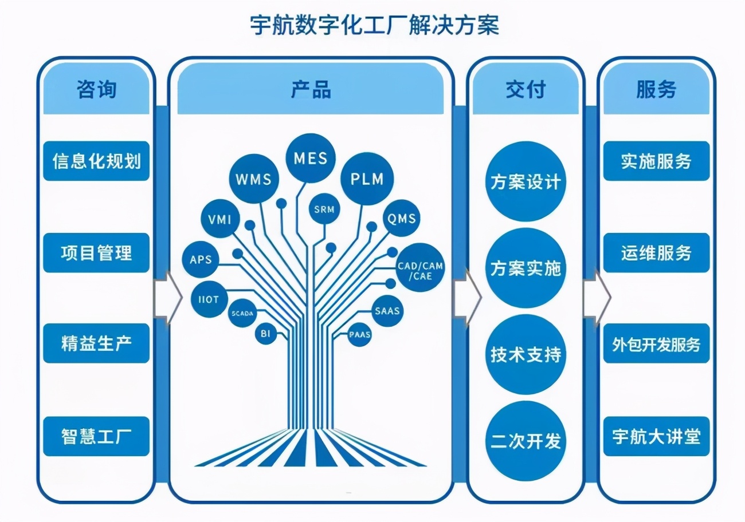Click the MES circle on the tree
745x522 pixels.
coord(311,158)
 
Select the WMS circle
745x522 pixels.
coord(254,179)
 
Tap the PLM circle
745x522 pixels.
coord(367,179)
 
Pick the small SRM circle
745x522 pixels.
coord(324,209)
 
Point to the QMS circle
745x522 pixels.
coord(401,218)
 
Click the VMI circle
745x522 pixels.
coord(220,219)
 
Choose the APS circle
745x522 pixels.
coord(201,259)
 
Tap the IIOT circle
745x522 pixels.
coord(209,299)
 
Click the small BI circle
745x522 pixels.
coord(266,333)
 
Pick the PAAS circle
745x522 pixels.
coord(359,334)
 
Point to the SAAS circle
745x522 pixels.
coord(387,311)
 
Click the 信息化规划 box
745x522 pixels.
coord(96,161)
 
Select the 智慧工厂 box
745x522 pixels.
coord(96,436)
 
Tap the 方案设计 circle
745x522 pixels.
coord(526,182)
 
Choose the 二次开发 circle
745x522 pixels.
coord(526,441)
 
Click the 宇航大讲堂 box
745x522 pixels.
coord(657,436)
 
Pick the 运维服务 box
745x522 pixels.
coord(657,253)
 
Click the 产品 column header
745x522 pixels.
coord(311,89)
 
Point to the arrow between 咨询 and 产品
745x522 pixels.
coord(167,298)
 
